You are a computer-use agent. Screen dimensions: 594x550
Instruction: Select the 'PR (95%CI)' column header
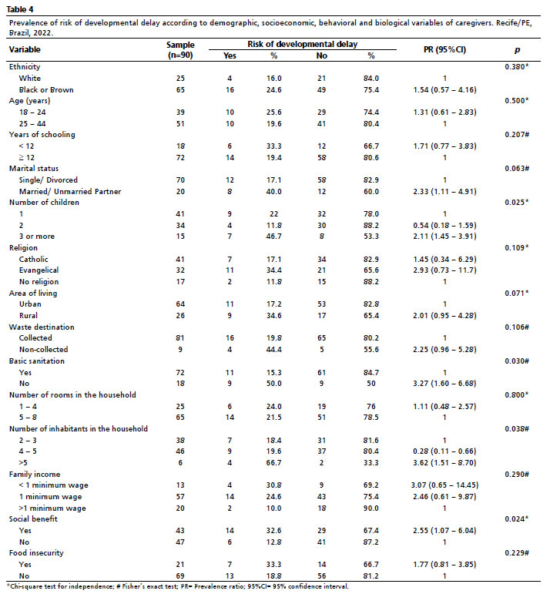click(x=446, y=50)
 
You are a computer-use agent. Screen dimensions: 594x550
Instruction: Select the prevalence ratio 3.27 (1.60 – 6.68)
click(x=446, y=384)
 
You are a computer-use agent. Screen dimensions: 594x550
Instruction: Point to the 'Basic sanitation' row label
click(x=36, y=361)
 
